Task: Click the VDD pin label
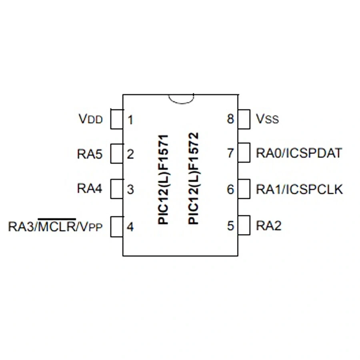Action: pyautogui.click(x=90, y=119)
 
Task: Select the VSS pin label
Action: pyautogui.click(x=267, y=119)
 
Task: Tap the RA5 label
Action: pyautogui.click(x=90, y=154)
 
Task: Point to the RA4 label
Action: pyautogui.click(x=90, y=188)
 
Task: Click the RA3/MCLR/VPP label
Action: pyautogui.click(x=55, y=226)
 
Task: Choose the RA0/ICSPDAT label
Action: pyautogui.click(x=299, y=153)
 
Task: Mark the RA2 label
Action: pyautogui.click(x=268, y=226)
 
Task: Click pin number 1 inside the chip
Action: pyautogui.click(x=130, y=120)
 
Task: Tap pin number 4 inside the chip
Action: pyautogui.click(x=130, y=227)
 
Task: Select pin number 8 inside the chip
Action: pyautogui.click(x=230, y=119)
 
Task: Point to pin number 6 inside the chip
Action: pyautogui.click(x=230, y=189)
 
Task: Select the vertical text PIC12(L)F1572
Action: pyautogui.click(x=194, y=178)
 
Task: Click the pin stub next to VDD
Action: pyautogui.click(x=116, y=119)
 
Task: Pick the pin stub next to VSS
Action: pyautogui.click(x=244, y=119)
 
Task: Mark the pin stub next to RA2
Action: pyautogui.click(x=244, y=226)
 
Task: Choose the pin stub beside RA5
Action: pyautogui.click(x=116, y=154)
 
